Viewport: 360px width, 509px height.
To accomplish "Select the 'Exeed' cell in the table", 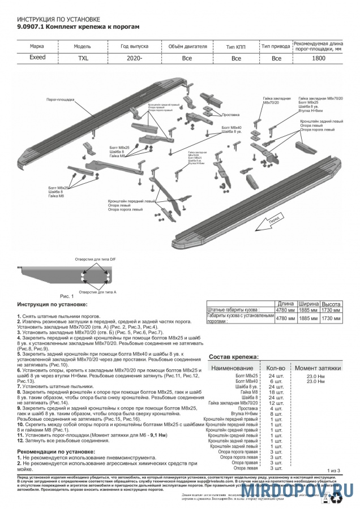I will tap(38, 58).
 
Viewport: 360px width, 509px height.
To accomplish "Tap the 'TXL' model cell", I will tap(82, 58).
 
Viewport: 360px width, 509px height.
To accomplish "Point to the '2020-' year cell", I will tap(134, 58).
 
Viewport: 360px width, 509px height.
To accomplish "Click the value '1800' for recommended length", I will tap(318, 58).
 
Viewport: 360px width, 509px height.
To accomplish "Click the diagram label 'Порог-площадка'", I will tap(60, 99).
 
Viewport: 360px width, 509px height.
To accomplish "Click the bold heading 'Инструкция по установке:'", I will tap(53, 305).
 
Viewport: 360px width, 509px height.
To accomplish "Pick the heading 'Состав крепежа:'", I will tap(234, 357).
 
